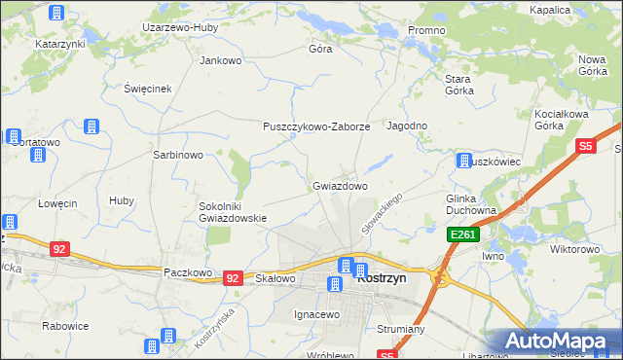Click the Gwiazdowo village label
click(340, 185)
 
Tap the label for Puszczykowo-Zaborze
click(316, 126)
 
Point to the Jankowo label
click(220, 60)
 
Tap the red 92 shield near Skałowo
click(232, 277)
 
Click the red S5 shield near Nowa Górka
click(584, 146)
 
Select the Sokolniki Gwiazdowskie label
click(233, 212)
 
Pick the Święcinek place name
click(148, 89)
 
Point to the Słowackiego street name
click(382, 211)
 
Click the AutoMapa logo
click(560, 341)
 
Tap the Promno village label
click(426, 30)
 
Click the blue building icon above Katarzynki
click(56, 13)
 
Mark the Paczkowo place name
click(188, 273)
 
